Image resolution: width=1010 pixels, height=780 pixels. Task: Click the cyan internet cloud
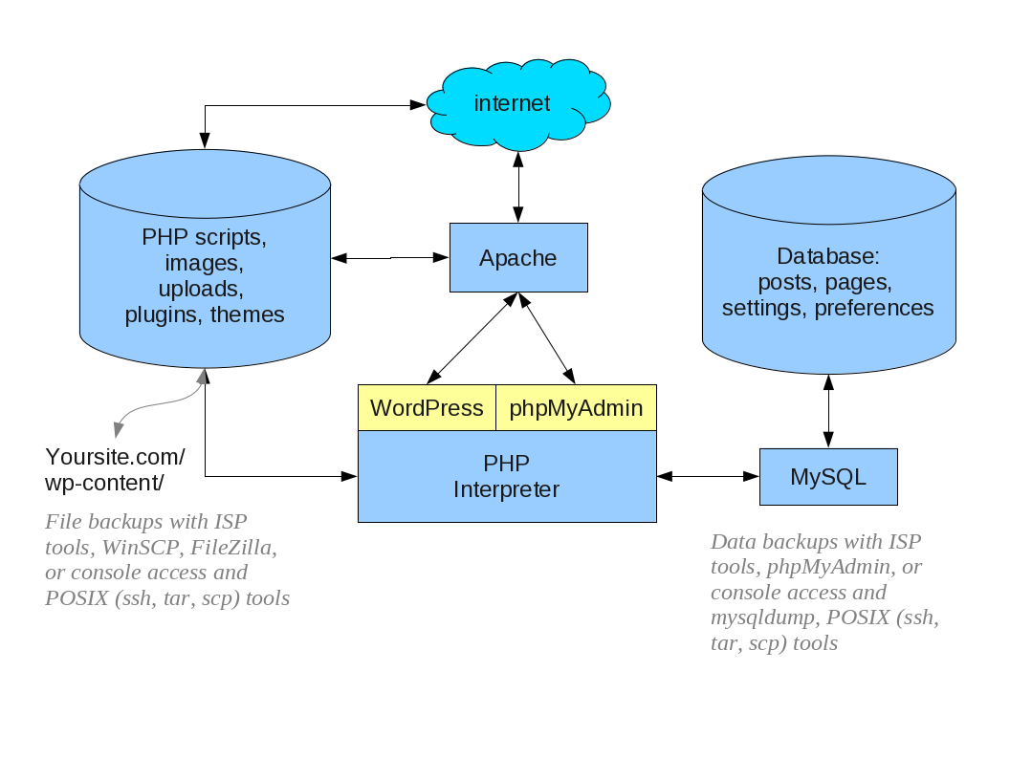517,103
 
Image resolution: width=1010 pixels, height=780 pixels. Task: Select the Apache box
518,258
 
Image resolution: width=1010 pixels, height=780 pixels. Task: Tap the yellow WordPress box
427,408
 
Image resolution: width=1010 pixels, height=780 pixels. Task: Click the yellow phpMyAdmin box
576,408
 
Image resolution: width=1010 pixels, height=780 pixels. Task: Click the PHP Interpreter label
506,477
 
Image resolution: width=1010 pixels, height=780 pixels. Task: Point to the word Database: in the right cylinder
827,256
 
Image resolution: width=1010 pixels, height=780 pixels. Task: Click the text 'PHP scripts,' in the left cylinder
205,237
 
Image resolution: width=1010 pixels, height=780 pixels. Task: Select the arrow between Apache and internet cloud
518,187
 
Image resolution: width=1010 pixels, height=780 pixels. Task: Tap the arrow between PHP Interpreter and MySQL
708,475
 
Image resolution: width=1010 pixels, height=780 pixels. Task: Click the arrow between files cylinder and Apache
390,258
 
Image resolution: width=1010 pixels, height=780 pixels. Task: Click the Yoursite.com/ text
115,456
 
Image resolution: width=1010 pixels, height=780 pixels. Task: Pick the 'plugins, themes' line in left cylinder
205,314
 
